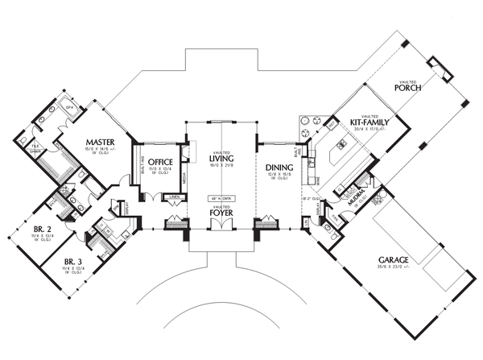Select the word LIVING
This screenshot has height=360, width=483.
tap(221, 159)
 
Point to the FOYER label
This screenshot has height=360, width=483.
tap(221, 213)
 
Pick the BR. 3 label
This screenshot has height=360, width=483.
tap(73, 262)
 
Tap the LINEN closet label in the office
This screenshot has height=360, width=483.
tap(173, 196)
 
